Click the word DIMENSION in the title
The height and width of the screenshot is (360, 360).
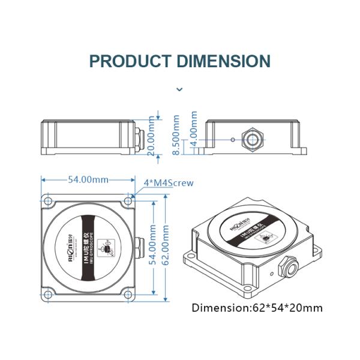pyautogui.click(x=223, y=61)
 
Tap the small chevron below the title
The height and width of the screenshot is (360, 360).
pyautogui.click(x=179, y=89)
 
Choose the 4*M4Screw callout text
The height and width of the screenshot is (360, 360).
pyautogui.click(x=169, y=183)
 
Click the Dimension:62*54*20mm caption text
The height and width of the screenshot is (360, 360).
pyautogui.click(x=257, y=308)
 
